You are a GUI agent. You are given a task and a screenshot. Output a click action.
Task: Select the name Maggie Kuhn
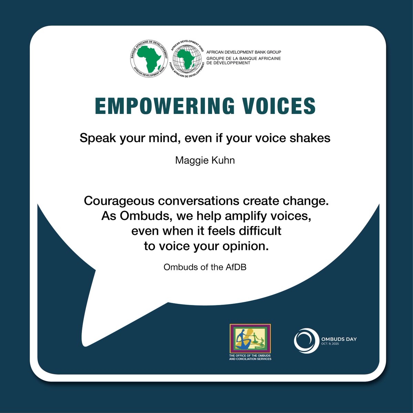coord(205,160)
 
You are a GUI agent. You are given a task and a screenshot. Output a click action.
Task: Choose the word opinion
coord(246,246)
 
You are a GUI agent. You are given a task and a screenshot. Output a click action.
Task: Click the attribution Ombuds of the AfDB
coord(205,267)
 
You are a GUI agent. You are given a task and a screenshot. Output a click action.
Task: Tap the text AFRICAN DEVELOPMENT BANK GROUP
coord(244,52)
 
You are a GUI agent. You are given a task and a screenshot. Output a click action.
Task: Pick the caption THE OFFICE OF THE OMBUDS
coord(250,355)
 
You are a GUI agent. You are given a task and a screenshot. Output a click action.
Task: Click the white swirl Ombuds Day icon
coord(306,341)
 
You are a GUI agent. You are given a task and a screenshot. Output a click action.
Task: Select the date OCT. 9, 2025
coord(330,344)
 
